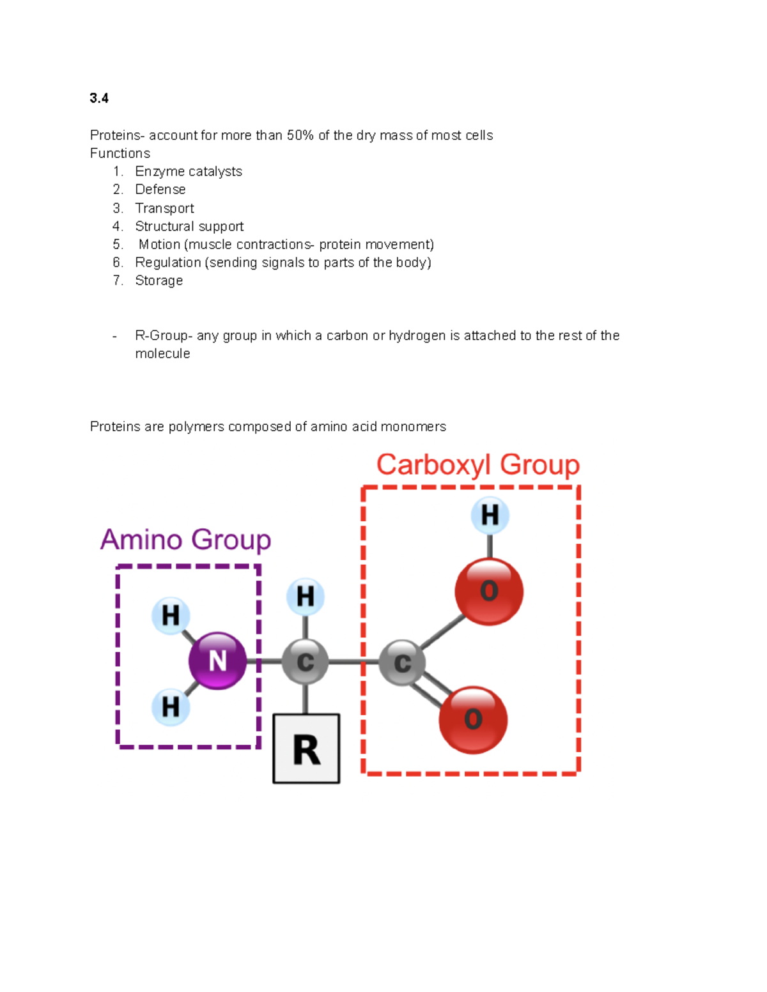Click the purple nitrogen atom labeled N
coord(217,660)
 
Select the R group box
coord(306,749)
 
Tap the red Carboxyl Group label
coord(477,464)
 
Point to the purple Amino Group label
coord(185,540)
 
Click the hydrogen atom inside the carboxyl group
coord(490,515)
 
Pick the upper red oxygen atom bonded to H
coord(489,591)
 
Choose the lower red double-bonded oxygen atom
coord(473,720)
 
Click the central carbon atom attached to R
coord(306,662)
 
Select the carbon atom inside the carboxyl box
coord(402,663)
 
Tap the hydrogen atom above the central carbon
coord(306,597)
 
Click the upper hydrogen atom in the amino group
coord(171,616)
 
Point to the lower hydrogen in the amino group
coord(171,707)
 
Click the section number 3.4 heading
coord(99,98)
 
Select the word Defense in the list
coord(160,190)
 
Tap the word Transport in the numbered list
coord(164,208)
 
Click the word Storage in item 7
coord(159,281)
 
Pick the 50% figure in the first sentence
coord(300,135)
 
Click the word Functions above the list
coord(120,153)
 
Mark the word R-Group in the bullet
coord(162,336)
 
